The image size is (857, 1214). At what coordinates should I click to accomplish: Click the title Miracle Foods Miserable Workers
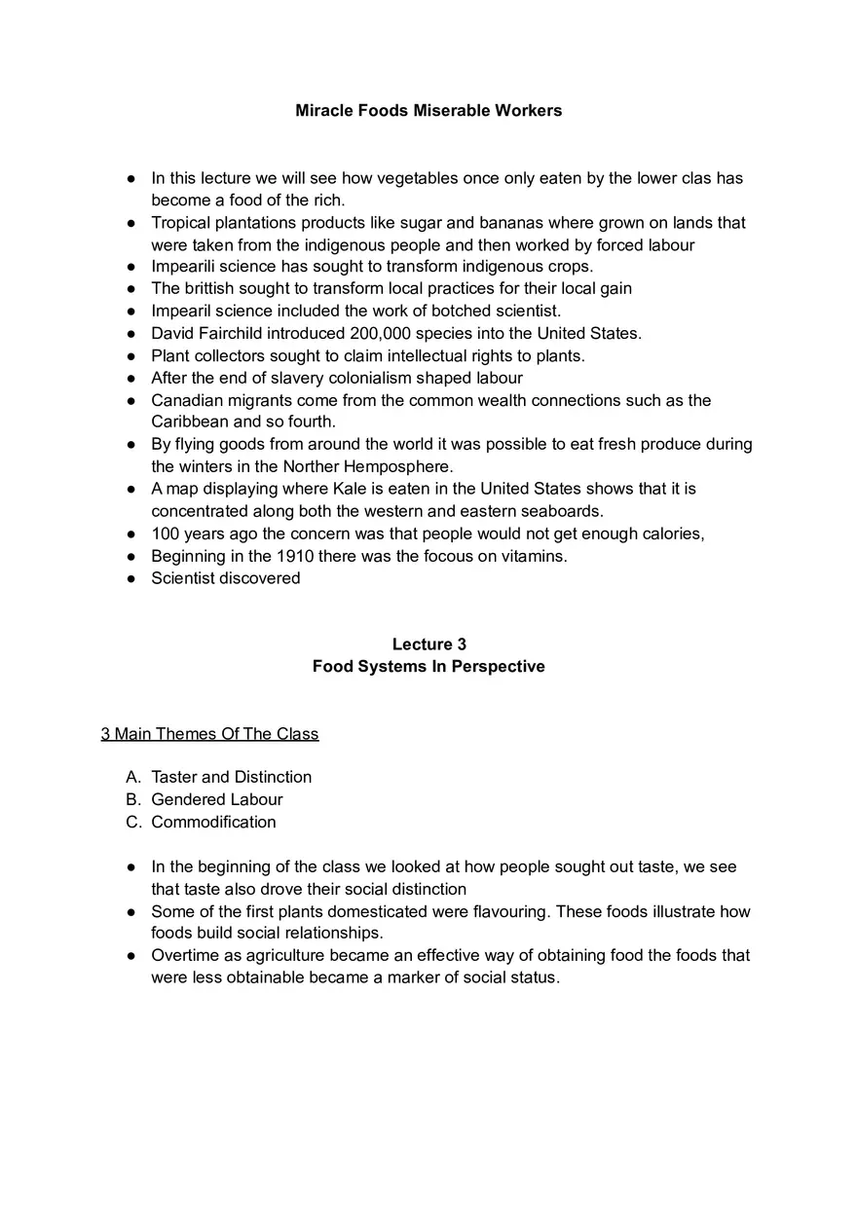428,111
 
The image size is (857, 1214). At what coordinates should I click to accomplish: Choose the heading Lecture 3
428,644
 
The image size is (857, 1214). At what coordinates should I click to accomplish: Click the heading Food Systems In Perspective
428,667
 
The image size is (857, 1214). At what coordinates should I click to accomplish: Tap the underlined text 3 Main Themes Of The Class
209,734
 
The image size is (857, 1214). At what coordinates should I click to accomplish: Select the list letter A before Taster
132,777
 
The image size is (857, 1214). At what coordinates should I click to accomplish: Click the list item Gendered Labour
217,799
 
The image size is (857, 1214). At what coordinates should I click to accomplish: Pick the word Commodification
213,822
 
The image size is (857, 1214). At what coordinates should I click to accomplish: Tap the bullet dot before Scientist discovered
131,578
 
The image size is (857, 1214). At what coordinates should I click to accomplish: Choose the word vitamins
533,556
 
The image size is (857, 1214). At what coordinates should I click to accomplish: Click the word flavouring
499,912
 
